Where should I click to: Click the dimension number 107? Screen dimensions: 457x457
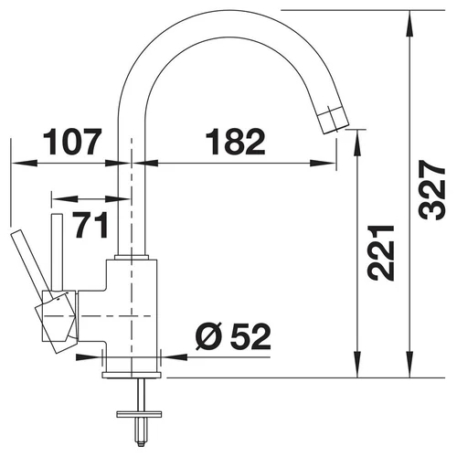pyautogui.click(x=72, y=142)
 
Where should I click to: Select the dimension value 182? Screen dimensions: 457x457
pyautogui.click(x=235, y=142)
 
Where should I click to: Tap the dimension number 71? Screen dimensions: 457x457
pyautogui.click(x=90, y=225)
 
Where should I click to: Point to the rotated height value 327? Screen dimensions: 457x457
pyautogui.click(x=432, y=190)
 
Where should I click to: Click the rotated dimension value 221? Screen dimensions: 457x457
pyautogui.click(x=381, y=253)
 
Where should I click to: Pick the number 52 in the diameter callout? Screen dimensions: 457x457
pyautogui.click(x=250, y=336)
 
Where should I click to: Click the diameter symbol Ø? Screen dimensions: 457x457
pyautogui.click(x=210, y=336)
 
